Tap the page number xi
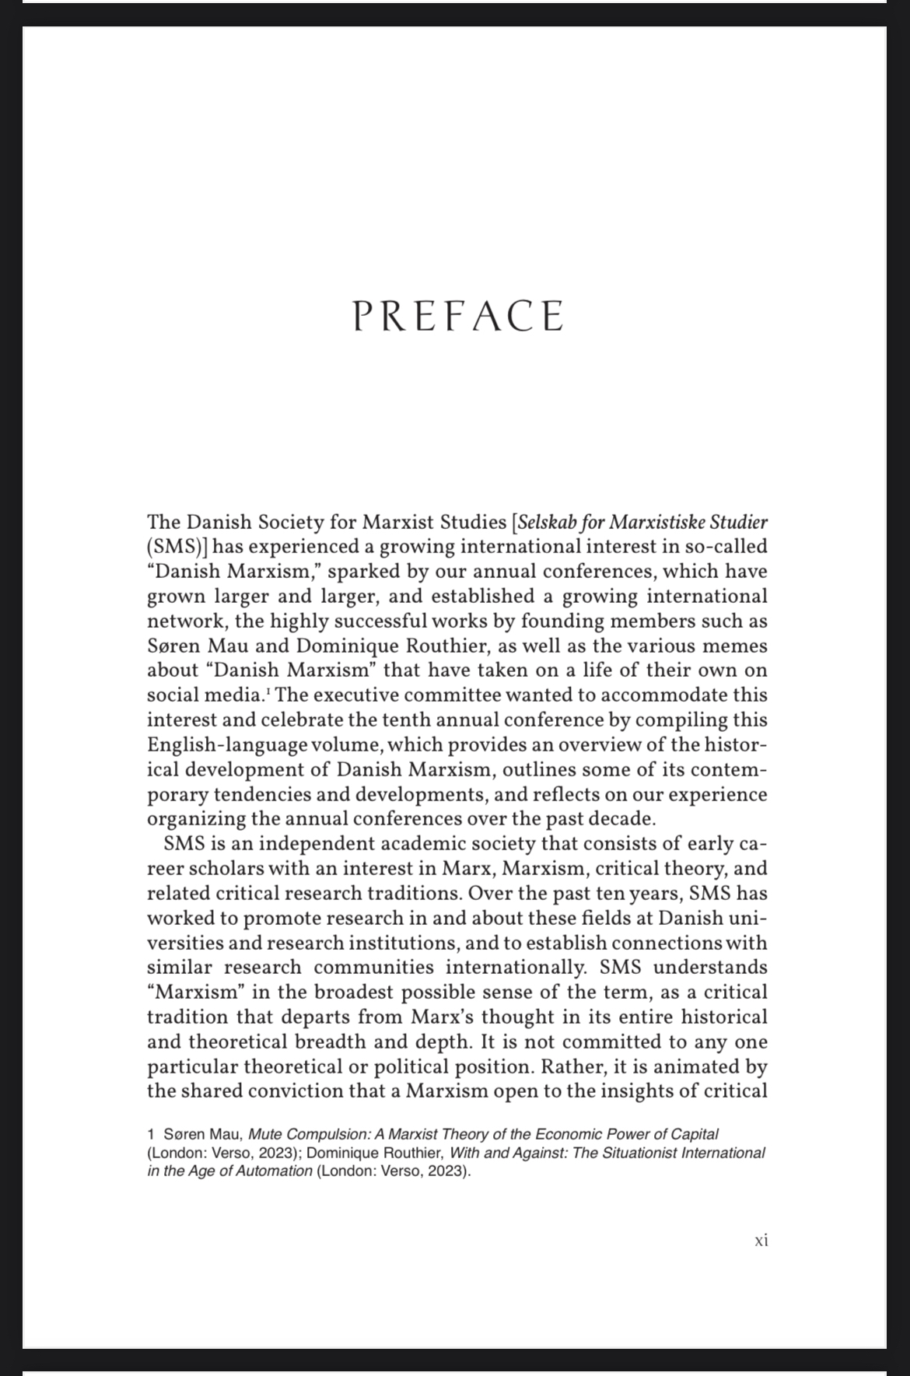coord(761,1241)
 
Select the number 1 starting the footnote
coord(151,1134)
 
